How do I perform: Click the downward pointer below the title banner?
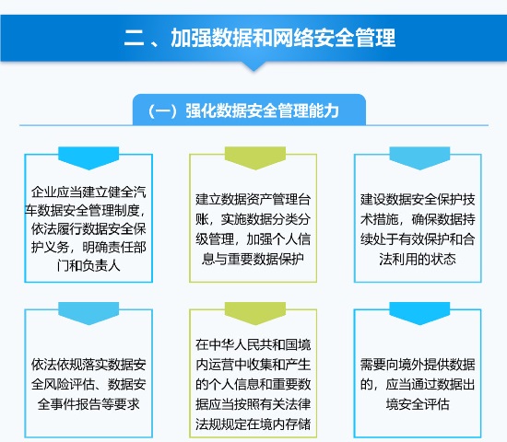click(253, 66)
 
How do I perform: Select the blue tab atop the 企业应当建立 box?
click(88, 157)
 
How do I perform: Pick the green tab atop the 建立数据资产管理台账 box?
click(255, 157)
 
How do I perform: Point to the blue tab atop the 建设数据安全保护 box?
click(419, 157)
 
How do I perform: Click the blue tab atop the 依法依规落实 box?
click(88, 313)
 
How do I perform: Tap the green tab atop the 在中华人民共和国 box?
click(255, 313)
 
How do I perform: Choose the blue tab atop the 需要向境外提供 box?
click(419, 313)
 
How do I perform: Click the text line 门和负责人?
click(88, 266)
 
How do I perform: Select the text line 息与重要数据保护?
click(253, 259)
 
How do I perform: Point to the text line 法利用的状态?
click(418, 259)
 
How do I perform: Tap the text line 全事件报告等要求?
click(88, 404)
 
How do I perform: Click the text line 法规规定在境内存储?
click(253, 425)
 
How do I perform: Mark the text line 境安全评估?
click(418, 404)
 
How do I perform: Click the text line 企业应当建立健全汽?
click(88, 192)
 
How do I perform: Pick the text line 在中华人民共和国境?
click(253, 344)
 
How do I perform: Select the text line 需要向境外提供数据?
click(418, 365)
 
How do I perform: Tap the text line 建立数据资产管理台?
click(253, 199)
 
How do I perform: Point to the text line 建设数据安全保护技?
click(418, 199)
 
